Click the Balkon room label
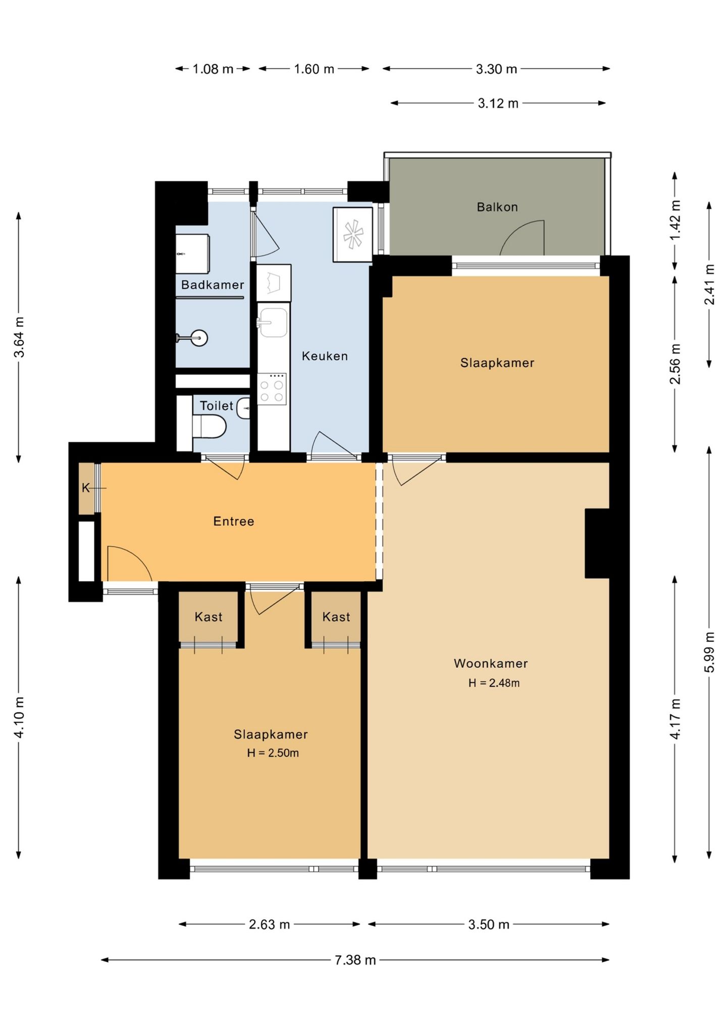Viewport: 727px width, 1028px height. (x=497, y=207)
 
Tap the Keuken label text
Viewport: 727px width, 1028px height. (x=325, y=356)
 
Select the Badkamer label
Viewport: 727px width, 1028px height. (x=213, y=285)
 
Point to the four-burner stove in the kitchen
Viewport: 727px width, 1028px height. (x=272, y=389)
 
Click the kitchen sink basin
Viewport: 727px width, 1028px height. (x=273, y=322)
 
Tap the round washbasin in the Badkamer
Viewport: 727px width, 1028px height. (x=199, y=338)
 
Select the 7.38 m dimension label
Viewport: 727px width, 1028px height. (x=355, y=960)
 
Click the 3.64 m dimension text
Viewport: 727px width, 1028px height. (x=19, y=337)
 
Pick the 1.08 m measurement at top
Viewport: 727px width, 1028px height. (x=213, y=69)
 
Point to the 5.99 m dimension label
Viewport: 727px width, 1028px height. (x=709, y=652)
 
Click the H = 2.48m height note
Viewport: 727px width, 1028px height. (x=494, y=683)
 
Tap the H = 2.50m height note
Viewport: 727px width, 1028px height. (x=273, y=753)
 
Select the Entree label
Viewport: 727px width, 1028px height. (x=234, y=521)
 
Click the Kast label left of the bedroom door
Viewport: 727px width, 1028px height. (x=209, y=616)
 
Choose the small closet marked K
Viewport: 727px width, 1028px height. (x=86, y=488)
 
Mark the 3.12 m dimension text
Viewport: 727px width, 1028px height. (x=498, y=104)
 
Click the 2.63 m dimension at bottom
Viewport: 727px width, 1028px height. (x=269, y=924)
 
